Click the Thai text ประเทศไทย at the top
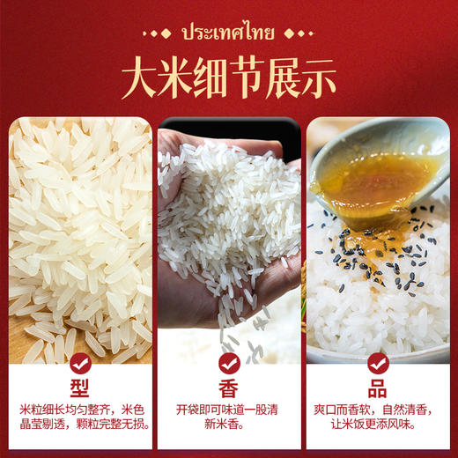[228, 34]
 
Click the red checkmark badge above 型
[79, 363]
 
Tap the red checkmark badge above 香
[229, 363]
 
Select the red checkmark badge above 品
[379, 363]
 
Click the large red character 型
[79, 389]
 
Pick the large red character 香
[229, 389]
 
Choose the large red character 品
[379, 389]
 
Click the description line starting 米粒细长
[79, 410]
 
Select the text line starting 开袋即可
[229, 410]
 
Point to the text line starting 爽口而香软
[379, 410]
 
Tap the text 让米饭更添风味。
[379, 426]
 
